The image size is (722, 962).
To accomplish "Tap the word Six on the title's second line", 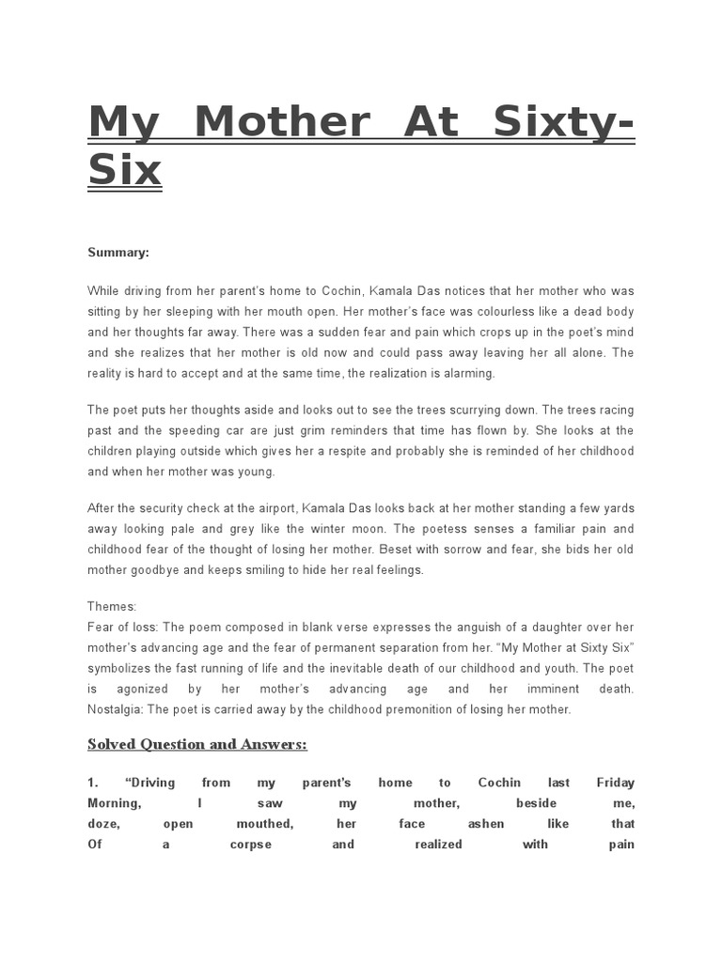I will point(125,170).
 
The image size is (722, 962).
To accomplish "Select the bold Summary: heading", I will point(118,252).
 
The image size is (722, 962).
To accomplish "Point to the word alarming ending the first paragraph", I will point(467,373).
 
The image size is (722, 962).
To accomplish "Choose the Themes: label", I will point(112,607).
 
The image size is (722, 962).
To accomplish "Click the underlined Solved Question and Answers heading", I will point(197,745).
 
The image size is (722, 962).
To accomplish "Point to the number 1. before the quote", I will point(93,783).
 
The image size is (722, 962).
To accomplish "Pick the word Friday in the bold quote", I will point(616,783).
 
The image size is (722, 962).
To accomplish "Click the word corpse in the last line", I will point(250,845).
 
